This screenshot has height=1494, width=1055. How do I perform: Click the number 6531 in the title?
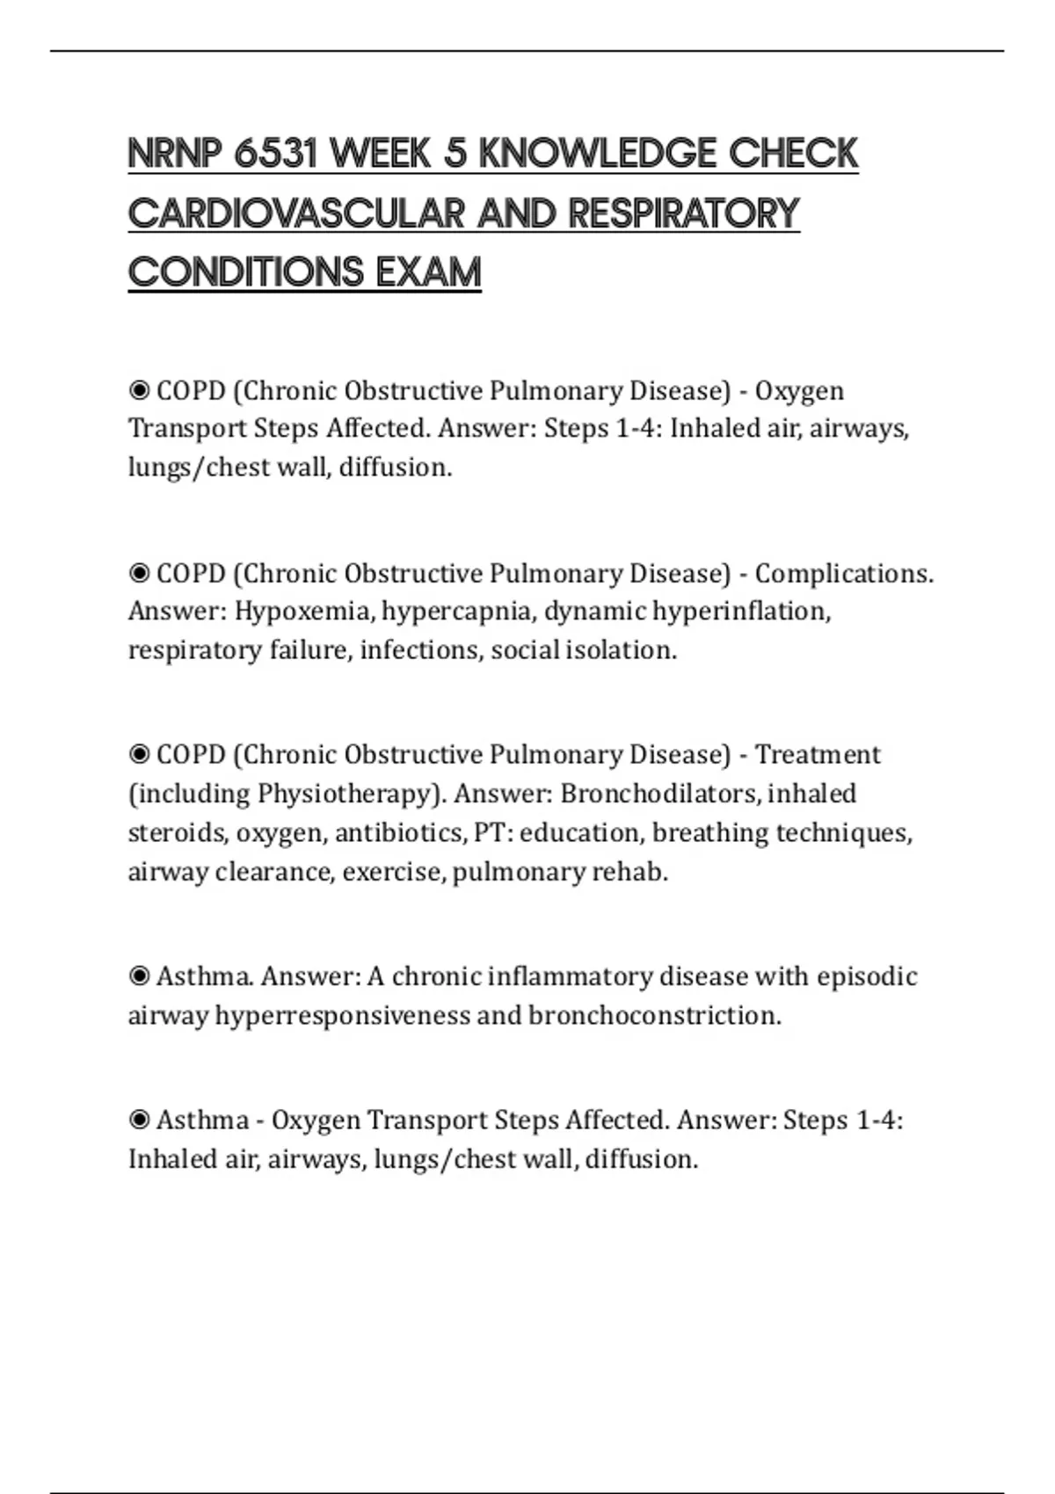(x=275, y=154)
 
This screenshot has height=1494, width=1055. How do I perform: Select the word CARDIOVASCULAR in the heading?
(x=297, y=214)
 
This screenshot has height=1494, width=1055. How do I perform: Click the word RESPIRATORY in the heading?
(x=683, y=214)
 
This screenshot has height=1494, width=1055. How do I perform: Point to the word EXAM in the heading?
(x=429, y=272)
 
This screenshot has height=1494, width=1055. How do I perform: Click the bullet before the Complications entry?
(x=139, y=574)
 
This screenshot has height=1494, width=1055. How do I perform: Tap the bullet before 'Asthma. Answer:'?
(x=139, y=976)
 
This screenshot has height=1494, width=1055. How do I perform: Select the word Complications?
(x=843, y=574)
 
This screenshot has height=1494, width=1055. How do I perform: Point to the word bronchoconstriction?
(x=654, y=1016)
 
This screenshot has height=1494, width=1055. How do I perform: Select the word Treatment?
(x=818, y=755)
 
